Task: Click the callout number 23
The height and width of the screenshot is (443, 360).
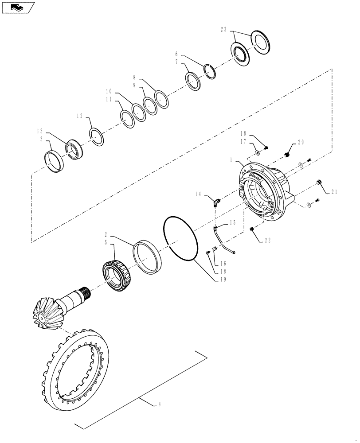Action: [x=223, y=30]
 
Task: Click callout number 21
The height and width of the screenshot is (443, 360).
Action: [x=334, y=191]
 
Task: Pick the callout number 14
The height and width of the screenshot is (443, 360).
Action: [x=198, y=194]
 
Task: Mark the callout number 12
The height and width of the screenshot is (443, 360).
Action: [x=80, y=116]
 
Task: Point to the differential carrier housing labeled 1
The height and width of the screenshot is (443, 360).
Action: [x=265, y=190]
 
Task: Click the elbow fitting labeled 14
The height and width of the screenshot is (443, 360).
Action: [x=216, y=203]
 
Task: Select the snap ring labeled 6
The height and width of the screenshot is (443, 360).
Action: [x=210, y=71]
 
